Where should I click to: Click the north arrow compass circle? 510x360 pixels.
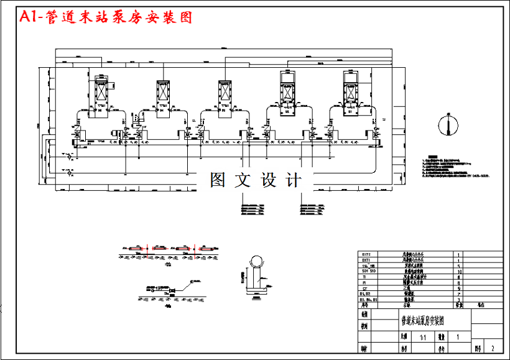447,124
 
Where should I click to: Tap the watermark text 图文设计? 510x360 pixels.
256,180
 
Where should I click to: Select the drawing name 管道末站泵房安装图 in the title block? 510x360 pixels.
422,321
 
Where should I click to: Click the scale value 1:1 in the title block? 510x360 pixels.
423,336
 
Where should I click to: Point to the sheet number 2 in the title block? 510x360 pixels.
493,349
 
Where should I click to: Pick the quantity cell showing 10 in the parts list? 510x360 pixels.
459,272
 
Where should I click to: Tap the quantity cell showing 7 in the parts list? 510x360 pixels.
459,294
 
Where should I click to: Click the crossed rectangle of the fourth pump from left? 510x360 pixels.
288,92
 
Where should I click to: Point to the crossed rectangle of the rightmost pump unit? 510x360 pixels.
351,92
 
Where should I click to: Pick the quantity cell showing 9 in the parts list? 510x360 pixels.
459,288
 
